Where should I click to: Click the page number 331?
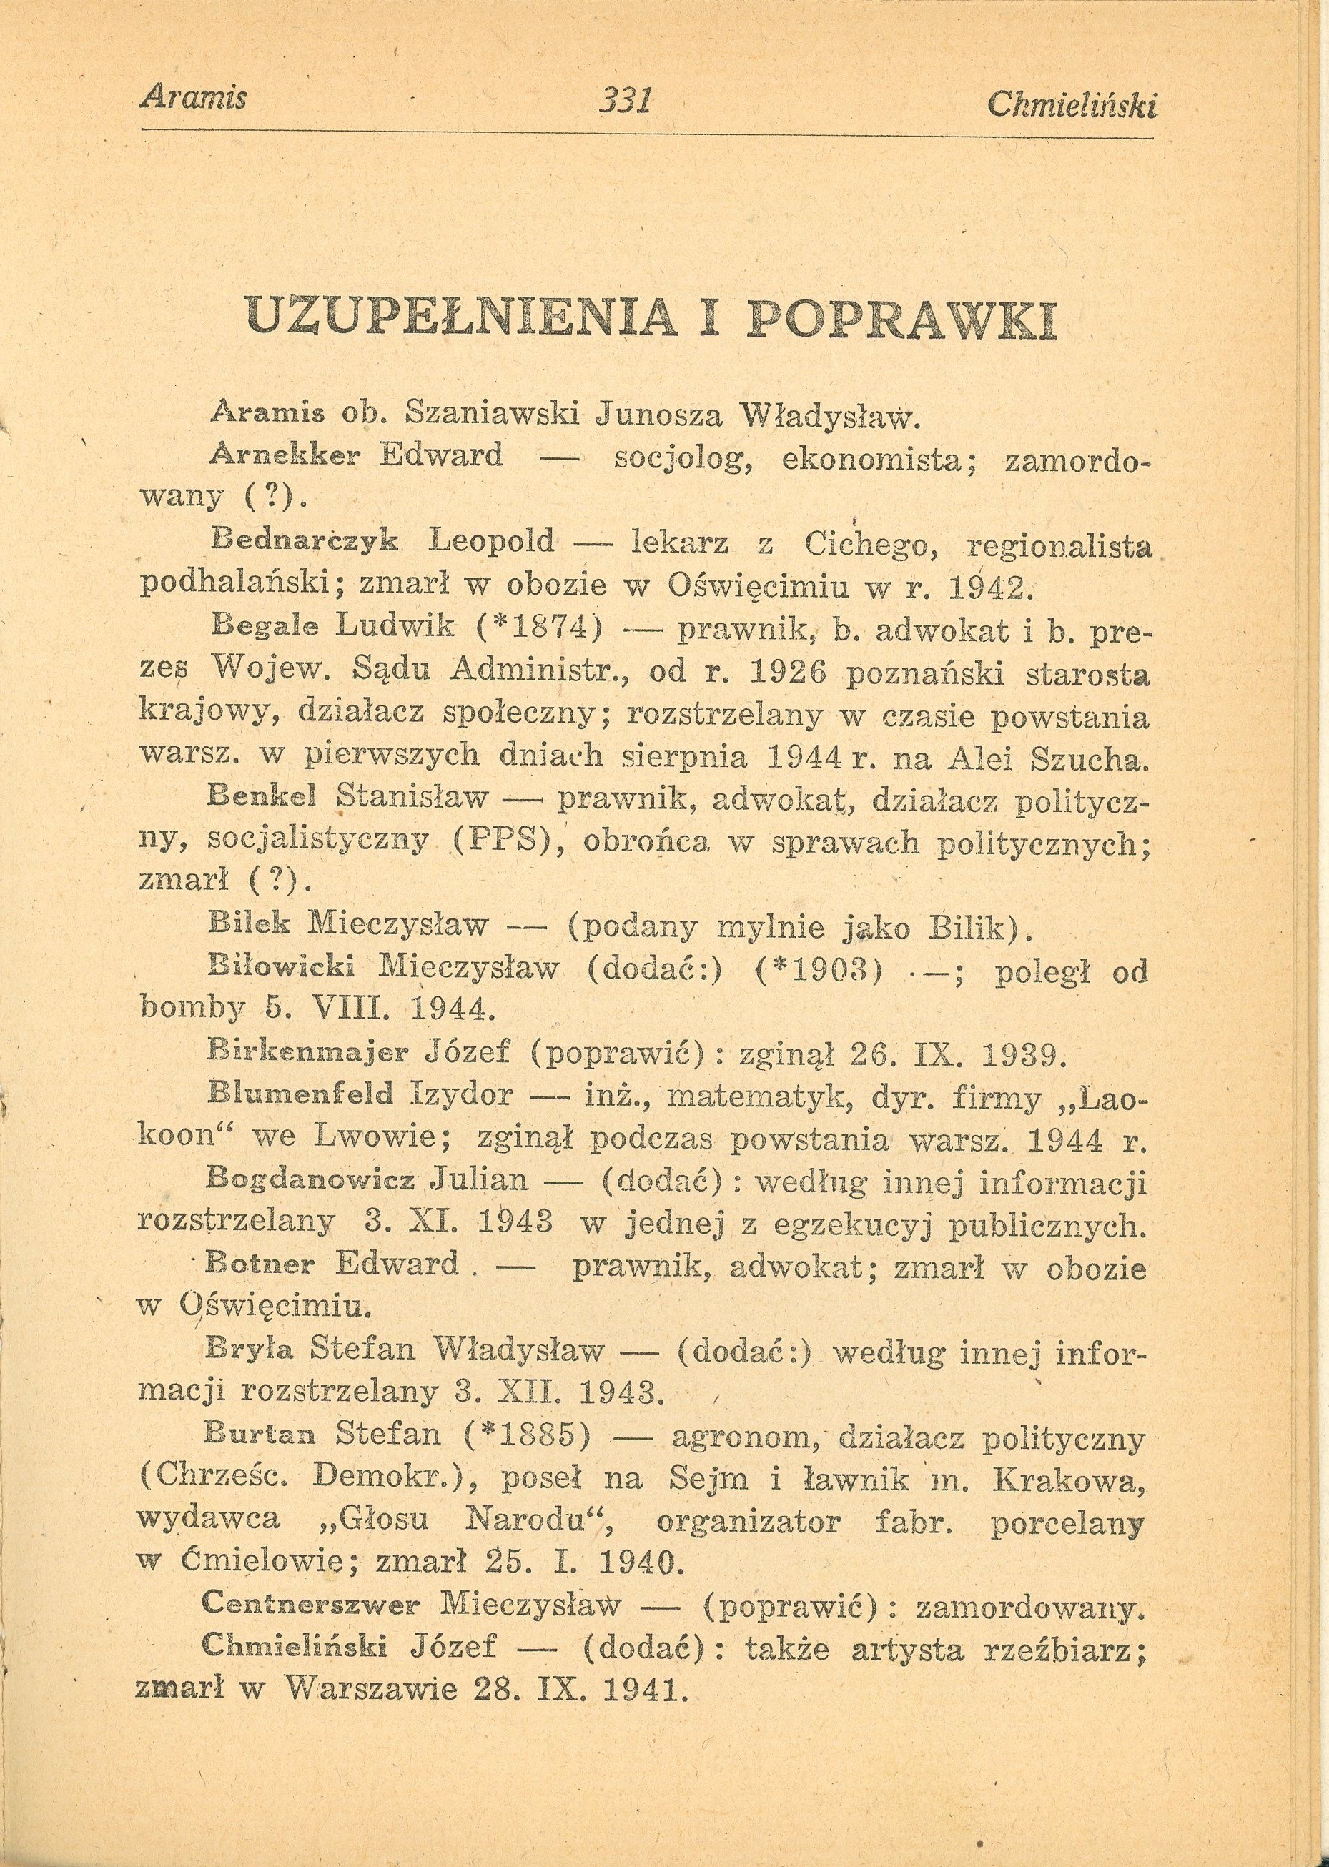(624, 101)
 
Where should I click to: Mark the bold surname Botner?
(260, 1265)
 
